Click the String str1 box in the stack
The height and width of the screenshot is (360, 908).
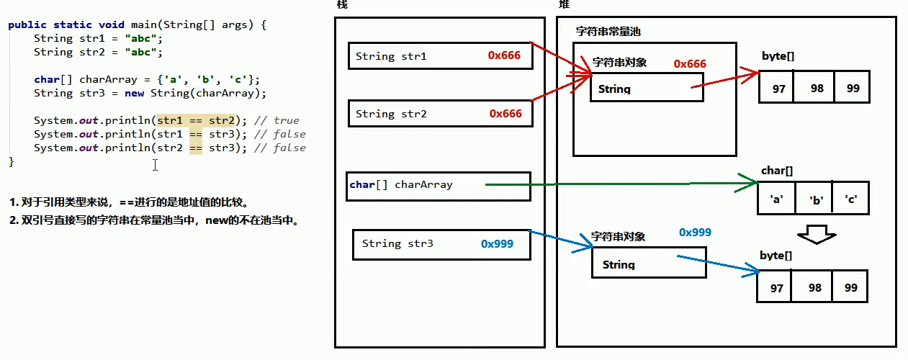pyautogui.click(x=440, y=56)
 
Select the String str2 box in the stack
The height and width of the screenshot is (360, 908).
pyautogui.click(x=440, y=114)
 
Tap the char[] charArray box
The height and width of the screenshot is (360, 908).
pyautogui.click(x=438, y=186)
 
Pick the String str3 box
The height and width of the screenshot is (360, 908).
pyautogui.click(x=442, y=244)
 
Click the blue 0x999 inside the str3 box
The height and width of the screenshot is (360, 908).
pyautogui.click(x=497, y=244)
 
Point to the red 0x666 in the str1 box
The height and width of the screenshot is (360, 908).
pyautogui.click(x=504, y=55)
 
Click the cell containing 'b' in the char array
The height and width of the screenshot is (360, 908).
pyautogui.click(x=815, y=200)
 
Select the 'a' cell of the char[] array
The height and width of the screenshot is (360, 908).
pyautogui.click(x=777, y=200)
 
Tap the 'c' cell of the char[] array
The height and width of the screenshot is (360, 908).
pyautogui.click(x=851, y=200)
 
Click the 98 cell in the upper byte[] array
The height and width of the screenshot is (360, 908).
pyautogui.click(x=816, y=88)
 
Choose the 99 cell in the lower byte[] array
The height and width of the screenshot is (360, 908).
pyautogui.click(x=851, y=287)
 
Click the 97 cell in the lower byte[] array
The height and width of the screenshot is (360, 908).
pyautogui.click(x=776, y=287)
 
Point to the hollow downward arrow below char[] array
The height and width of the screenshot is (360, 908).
pyautogui.click(x=815, y=233)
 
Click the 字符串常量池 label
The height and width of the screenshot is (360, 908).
pyautogui.click(x=608, y=32)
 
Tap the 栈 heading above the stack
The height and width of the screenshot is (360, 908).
pyautogui.click(x=341, y=5)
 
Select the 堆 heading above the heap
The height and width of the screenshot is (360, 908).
pyautogui.click(x=563, y=5)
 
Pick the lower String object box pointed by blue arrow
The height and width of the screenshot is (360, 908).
pyautogui.click(x=648, y=263)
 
